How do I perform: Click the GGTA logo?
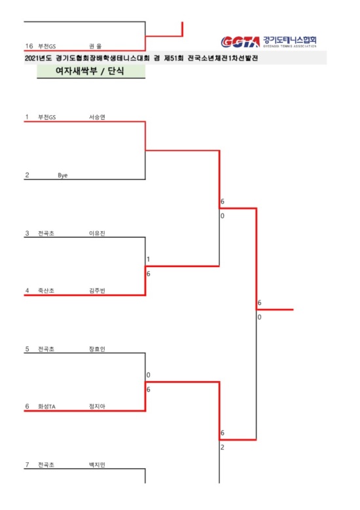point(240,42)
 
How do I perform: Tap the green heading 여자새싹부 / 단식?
point(90,71)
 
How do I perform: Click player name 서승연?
point(97,117)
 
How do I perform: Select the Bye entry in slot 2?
point(63,175)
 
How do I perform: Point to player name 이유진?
point(97,233)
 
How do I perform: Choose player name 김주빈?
point(97,291)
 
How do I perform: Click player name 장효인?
point(97,349)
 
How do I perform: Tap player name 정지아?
point(97,407)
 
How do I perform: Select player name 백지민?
point(97,465)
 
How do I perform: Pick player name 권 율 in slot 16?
point(96,46)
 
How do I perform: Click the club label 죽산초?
point(46,291)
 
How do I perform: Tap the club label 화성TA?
point(47,407)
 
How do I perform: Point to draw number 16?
point(29,46)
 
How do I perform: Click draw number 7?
point(27,465)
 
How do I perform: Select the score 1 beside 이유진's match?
point(149,259)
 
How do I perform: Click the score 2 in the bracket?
point(223,447)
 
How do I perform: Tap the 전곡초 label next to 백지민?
point(46,465)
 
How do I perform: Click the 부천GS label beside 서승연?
point(47,117)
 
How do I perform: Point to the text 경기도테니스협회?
point(289,40)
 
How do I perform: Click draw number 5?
point(27,349)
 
